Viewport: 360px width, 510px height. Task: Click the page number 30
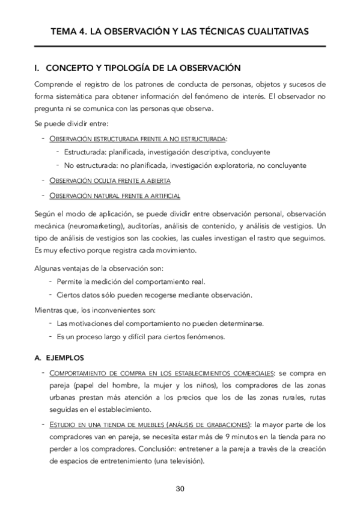pyautogui.click(x=180, y=488)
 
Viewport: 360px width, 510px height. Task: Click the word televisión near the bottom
pyautogui.click(x=184, y=461)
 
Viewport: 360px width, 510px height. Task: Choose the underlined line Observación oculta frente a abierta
pyautogui.click(x=110, y=180)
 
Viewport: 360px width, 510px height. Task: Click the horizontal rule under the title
pyautogui.click(x=180, y=46)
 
